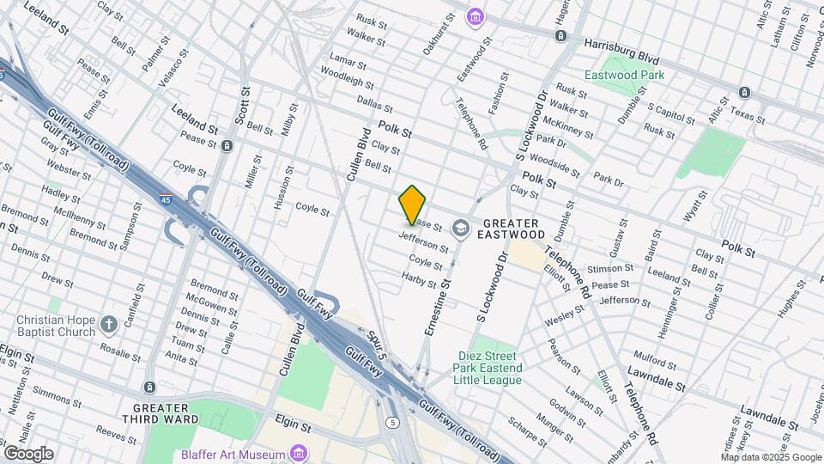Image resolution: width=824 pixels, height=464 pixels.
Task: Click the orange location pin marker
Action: pos(413,205)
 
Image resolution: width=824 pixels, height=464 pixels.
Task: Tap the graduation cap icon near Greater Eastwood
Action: pos(461,229)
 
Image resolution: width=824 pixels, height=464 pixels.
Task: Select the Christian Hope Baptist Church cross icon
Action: pos(108,325)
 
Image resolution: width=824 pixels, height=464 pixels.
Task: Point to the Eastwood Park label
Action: pos(624,75)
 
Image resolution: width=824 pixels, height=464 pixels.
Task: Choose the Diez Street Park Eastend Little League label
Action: pos(487,368)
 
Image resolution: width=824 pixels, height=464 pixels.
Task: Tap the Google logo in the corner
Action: pos(27,453)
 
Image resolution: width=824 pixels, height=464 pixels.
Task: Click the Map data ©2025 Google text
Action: pos(770,457)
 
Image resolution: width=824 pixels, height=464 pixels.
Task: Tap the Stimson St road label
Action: pos(611,268)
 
